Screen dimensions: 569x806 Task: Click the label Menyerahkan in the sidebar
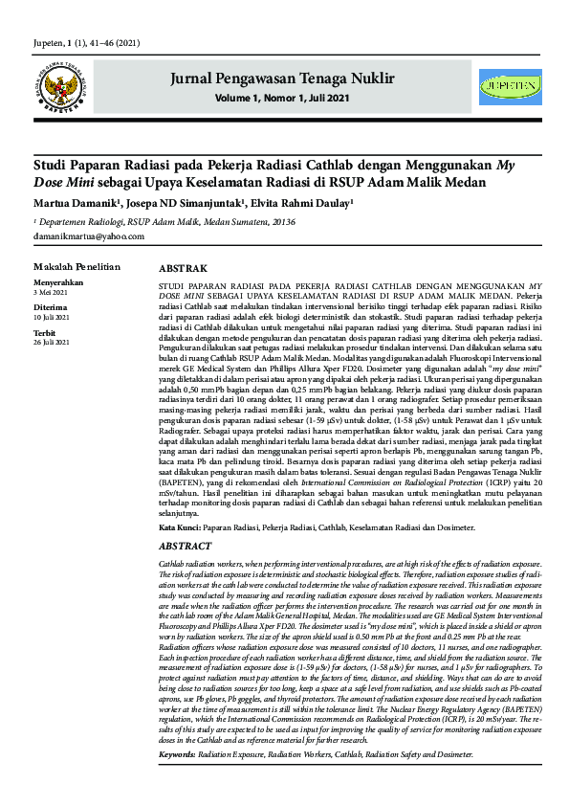point(57,283)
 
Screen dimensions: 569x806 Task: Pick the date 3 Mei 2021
point(53,292)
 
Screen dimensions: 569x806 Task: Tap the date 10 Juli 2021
point(54,316)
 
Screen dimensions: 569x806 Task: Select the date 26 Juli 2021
point(54,340)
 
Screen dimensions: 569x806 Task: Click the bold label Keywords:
point(177,781)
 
